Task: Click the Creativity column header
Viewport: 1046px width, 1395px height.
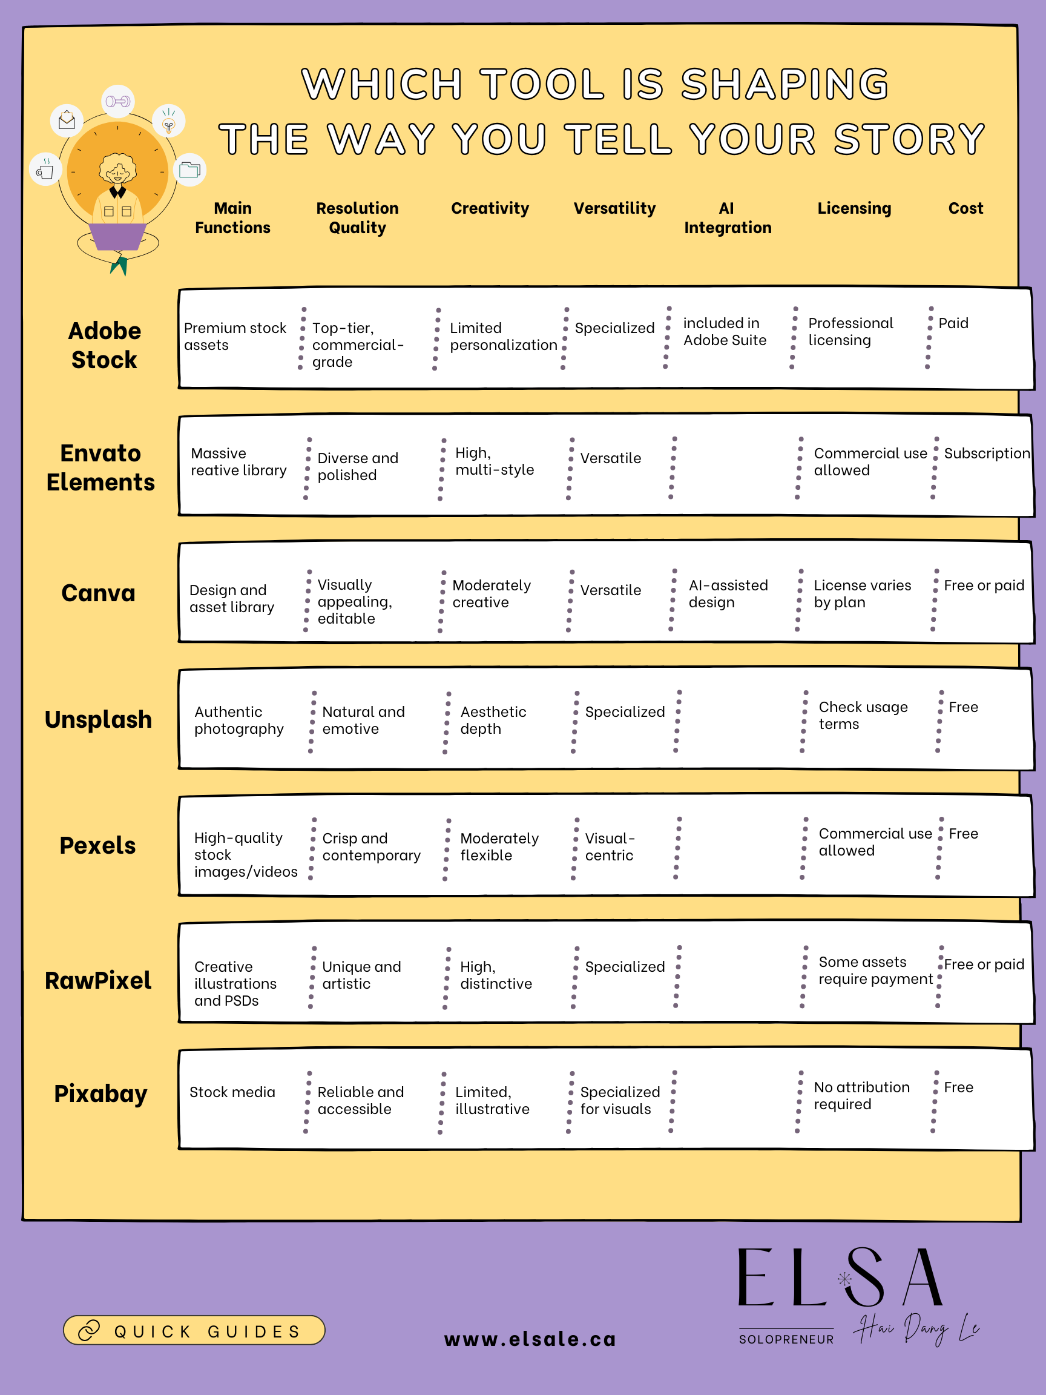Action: click(x=490, y=208)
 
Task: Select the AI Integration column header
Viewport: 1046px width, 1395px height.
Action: click(x=728, y=217)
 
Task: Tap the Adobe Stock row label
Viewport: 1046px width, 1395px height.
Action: click(x=104, y=345)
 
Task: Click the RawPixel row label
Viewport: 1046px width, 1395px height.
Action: click(x=98, y=980)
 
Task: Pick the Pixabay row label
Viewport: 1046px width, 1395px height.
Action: click(x=100, y=1093)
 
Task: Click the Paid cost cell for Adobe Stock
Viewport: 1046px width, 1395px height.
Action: click(x=953, y=323)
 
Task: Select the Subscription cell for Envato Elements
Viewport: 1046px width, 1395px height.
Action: click(x=987, y=453)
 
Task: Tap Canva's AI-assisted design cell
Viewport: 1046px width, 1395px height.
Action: click(x=728, y=593)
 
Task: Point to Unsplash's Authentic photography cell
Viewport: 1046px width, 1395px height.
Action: click(x=239, y=720)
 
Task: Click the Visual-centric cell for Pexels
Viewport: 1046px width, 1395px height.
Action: click(x=610, y=847)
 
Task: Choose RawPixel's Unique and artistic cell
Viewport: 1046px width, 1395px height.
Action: click(x=361, y=975)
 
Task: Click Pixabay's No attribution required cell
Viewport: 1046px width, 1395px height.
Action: click(x=861, y=1095)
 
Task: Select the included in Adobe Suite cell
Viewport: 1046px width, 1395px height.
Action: click(x=725, y=332)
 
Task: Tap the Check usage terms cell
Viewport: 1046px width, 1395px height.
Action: click(x=863, y=715)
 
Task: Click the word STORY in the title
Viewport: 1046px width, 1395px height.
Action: click(x=909, y=139)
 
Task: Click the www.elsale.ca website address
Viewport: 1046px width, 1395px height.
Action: click(x=530, y=1339)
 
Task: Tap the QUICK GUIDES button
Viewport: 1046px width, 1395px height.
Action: click(x=194, y=1331)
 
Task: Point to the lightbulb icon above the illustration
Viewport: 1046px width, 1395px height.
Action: click(x=168, y=121)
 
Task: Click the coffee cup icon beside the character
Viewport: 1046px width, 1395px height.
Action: click(x=45, y=170)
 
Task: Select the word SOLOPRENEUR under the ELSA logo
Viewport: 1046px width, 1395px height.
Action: click(x=786, y=1339)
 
